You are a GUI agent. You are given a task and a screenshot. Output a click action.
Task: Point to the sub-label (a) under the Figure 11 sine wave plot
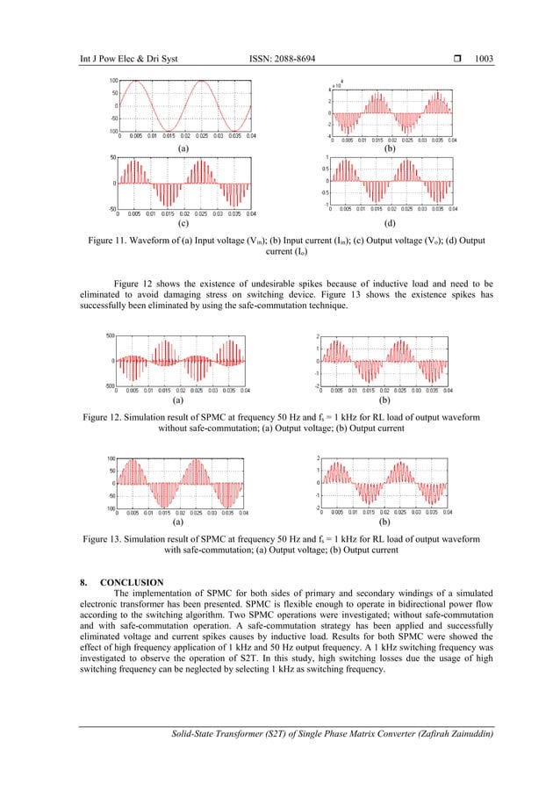[x=183, y=150]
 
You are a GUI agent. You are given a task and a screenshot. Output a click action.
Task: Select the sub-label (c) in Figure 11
[x=183, y=224]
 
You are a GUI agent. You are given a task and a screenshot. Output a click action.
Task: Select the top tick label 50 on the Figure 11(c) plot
[x=114, y=158]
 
